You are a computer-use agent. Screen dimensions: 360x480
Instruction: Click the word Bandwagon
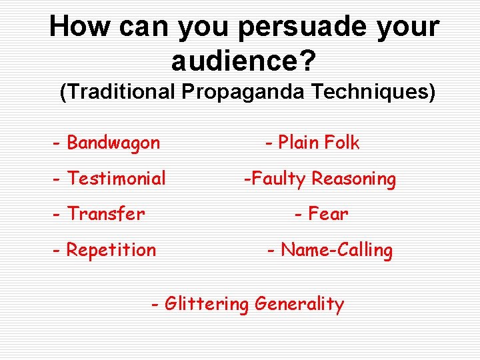tap(114, 143)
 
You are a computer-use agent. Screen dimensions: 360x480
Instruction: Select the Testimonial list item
tap(117, 179)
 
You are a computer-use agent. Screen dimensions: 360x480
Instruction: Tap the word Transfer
tap(106, 214)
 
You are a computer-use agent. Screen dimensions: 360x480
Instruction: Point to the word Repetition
tap(111, 250)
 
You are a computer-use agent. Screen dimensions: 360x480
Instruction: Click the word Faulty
tap(279, 179)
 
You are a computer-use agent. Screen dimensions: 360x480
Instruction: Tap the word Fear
tap(329, 214)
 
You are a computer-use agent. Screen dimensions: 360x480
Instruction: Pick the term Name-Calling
tap(337, 250)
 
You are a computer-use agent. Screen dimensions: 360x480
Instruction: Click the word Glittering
tap(207, 305)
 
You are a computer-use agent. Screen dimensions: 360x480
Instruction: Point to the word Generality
tap(299, 305)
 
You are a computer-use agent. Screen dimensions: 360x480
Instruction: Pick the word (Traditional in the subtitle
tap(117, 91)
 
